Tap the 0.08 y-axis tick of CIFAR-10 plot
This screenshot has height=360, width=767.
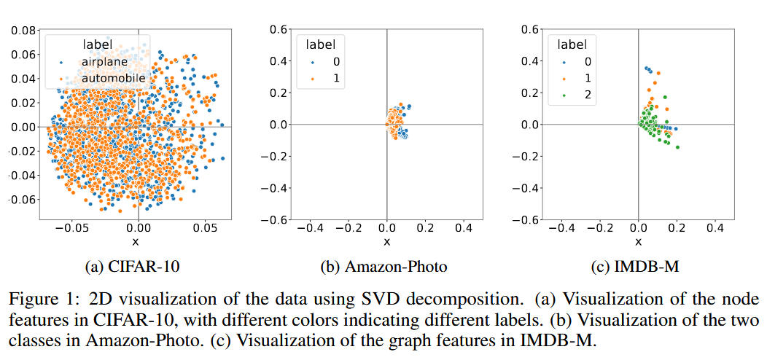point(24,31)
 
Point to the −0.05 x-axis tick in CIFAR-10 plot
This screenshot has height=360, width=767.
point(72,229)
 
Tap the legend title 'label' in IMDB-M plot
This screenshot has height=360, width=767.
point(572,44)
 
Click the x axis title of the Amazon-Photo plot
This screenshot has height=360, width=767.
point(386,242)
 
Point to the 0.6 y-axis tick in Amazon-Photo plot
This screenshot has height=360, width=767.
point(278,29)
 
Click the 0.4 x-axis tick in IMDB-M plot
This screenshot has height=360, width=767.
point(715,229)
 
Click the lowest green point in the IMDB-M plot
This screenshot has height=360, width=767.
point(677,147)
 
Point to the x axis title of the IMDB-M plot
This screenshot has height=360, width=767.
point(639,242)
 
